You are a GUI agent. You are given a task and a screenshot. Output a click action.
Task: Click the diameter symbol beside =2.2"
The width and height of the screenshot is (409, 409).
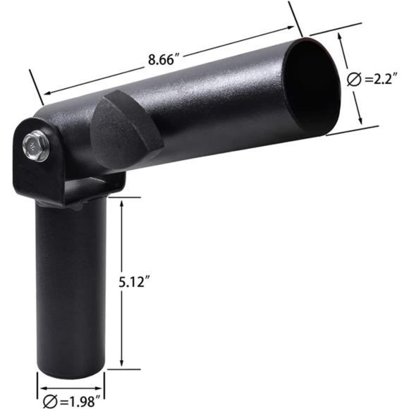(x=354, y=80)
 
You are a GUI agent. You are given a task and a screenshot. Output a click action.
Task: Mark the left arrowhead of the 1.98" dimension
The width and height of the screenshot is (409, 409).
(x=40, y=386)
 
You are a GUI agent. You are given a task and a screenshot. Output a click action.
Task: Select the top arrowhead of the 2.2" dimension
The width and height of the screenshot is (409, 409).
(x=341, y=38)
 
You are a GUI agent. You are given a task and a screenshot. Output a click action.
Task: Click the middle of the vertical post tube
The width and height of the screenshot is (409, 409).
(x=71, y=282)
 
